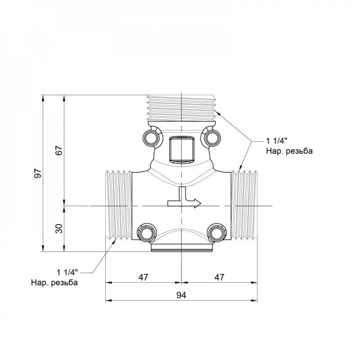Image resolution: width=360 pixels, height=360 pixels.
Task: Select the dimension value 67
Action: pos(60,150)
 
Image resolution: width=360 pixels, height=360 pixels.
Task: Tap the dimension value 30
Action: pos(60,228)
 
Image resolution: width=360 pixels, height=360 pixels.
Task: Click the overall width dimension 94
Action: pos(181,295)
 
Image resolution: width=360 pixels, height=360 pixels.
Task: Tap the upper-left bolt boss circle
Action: pos(150,137)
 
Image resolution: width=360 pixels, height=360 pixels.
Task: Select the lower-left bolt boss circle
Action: pos(146,233)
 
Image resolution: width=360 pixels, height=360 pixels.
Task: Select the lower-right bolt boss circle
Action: pos(216,233)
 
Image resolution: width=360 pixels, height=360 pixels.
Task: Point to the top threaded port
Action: pos(182,107)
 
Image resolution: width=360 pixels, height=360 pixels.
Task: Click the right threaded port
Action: pos(244,205)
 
